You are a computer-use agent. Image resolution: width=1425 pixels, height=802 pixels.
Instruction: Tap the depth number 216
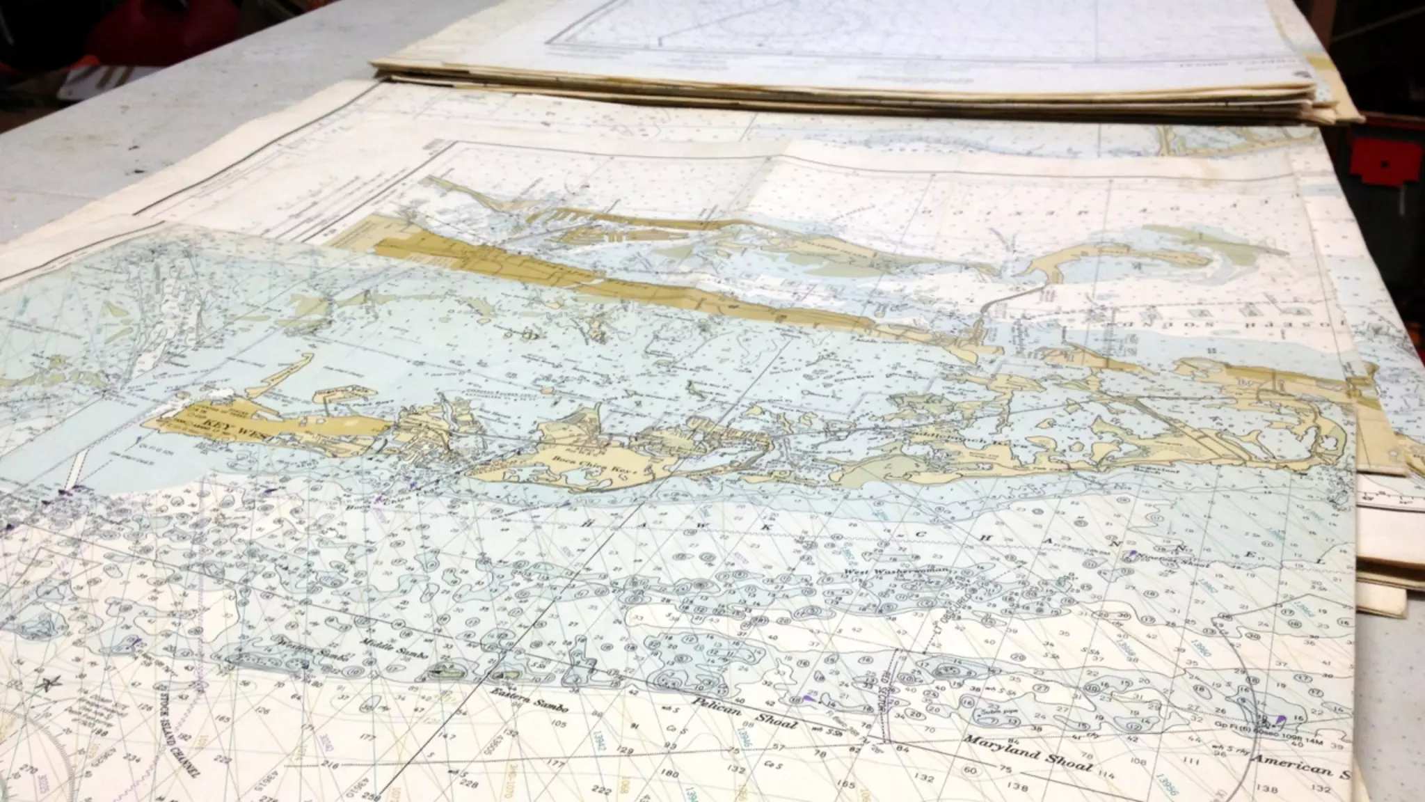click(329, 766)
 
